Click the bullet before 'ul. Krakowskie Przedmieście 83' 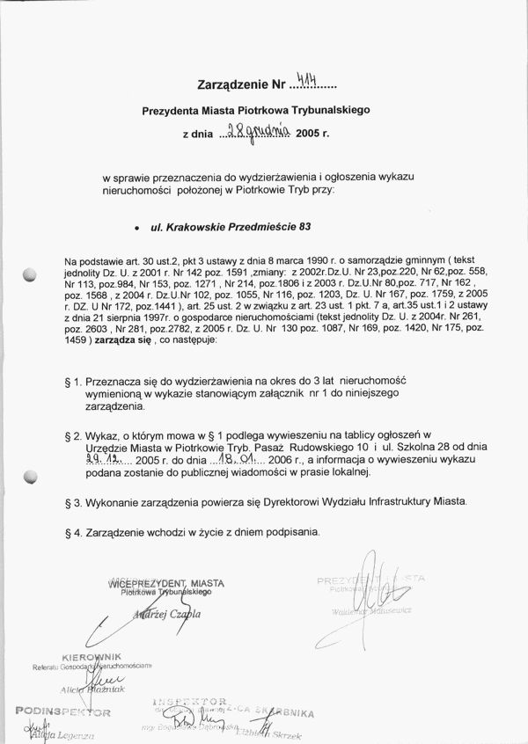point(137,228)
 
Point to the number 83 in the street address point(305,226)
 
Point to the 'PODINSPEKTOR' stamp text point(61,711)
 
